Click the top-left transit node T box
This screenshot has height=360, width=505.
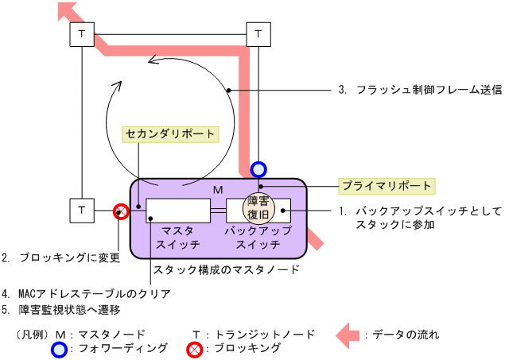pyautogui.click(x=83, y=36)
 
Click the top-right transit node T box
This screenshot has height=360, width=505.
pyautogui.click(x=258, y=36)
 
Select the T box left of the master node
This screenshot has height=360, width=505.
pyautogui.click(x=83, y=211)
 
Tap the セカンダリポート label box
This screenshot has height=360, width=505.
pyautogui.click(x=169, y=134)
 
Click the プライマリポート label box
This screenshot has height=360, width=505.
pyautogui.click(x=387, y=186)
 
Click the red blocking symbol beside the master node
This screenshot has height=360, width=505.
pyautogui.click(x=121, y=211)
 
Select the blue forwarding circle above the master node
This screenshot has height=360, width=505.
pyautogui.click(x=258, y=168)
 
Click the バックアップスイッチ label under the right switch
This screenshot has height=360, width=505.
pyautogui.click(x=258, y=237)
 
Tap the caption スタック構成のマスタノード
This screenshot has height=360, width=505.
pyautogui.click(x=226, y=269)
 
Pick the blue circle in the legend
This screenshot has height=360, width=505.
pyautogui.click(x=58, y=349)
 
